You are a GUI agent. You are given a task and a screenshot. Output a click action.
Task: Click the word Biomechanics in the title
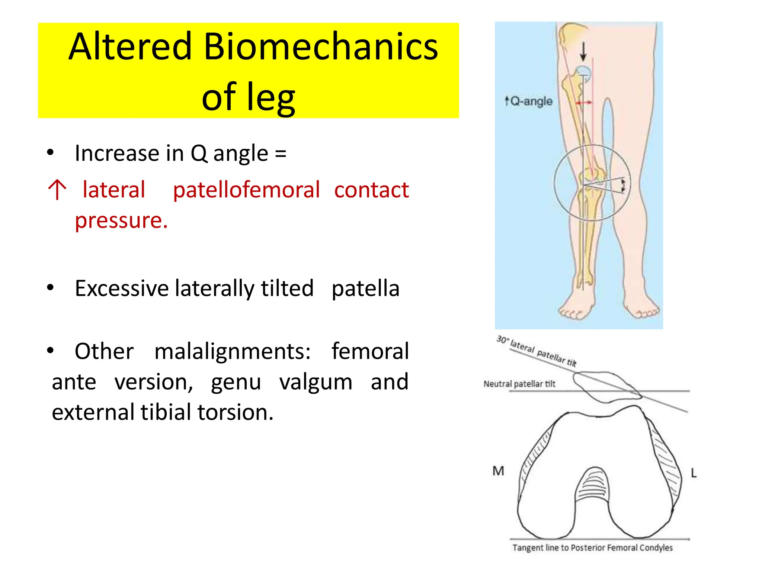point(321,47)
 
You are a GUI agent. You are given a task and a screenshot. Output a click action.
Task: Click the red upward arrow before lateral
point(57,190)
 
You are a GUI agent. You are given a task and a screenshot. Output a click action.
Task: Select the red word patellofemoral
point(246,190)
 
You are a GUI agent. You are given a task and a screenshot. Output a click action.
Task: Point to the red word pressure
point(121,220)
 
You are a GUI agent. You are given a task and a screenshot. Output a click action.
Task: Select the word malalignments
point(233,351)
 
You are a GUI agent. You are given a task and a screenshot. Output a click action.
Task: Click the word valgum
point(316,382)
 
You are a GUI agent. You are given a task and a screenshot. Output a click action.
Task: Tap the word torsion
point(235,413)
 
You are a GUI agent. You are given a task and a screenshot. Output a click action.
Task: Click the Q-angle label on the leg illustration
point(528,101)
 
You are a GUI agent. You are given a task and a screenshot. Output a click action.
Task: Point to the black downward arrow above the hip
point(583,51)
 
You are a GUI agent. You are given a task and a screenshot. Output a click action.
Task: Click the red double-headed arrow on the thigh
point(584,103)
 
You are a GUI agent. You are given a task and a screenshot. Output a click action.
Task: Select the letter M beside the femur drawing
point(498,471)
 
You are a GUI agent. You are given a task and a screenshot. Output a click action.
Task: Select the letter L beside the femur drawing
point(694,473)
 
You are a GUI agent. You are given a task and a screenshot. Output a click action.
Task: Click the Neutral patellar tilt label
point(519,384)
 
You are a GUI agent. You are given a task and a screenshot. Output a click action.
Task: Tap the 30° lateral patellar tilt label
point(536,351)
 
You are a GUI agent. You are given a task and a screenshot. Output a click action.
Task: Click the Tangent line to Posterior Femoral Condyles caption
point(592,548)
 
